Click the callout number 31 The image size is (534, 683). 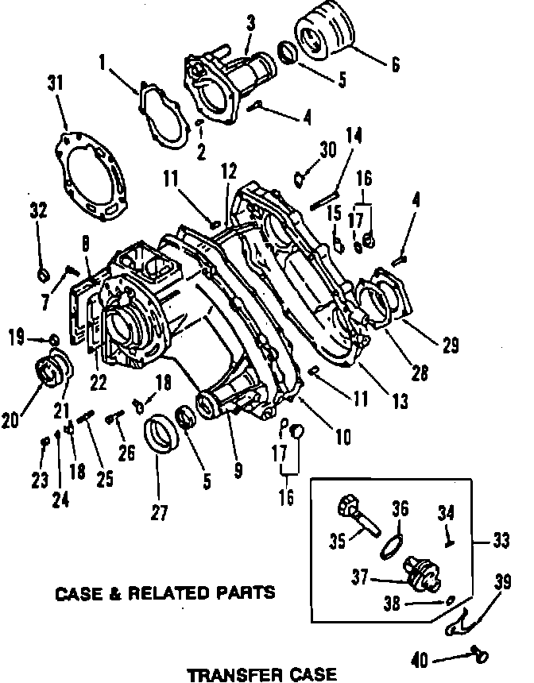(56, 83)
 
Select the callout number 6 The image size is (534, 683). (395, 64)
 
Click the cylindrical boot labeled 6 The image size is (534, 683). (323, 29)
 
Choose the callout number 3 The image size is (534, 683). (250, 24)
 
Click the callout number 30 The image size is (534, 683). (328, 149)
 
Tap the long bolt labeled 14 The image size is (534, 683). (324, 200)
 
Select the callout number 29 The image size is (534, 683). (451, 345)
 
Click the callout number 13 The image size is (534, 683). (400, 401)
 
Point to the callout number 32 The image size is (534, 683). (38, 210)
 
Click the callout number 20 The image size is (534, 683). (10, 420)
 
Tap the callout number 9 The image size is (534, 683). (238, 470)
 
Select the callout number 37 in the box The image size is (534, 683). (360, 577)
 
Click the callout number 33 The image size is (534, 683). (501, 541)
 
